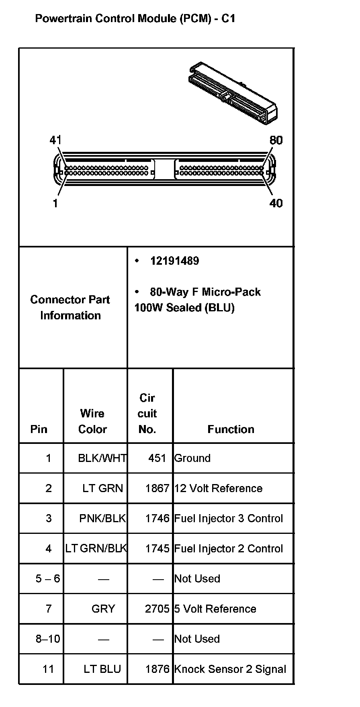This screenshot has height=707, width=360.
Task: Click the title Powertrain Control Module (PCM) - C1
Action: click(135, 18)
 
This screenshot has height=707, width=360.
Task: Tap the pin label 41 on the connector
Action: click(55, 140)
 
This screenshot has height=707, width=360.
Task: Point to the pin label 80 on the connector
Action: click(276, 140)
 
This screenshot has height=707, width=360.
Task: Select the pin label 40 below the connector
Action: click(276, 203)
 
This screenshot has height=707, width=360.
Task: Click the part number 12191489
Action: click(174, 261)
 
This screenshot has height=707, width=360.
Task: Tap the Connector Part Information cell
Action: click(70, 307)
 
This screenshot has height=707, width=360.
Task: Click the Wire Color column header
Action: click(92, 421)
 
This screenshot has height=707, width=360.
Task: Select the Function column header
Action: click(231, 429)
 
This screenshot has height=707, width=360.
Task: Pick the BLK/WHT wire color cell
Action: click(102, 458)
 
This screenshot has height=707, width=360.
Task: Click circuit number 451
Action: click(157, 458)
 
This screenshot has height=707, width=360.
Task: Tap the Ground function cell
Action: click(192, 458)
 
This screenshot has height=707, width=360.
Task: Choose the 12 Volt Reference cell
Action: click(218, 488)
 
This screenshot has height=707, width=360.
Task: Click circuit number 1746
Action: click(157, 519)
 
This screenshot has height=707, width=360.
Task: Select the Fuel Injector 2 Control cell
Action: click(228, 549)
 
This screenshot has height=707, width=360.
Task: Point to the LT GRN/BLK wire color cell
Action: click(96, 549)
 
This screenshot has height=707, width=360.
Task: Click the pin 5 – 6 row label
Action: click(48, 579)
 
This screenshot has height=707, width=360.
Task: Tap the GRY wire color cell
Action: click(103, 609)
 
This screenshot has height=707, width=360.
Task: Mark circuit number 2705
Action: click(157, 609)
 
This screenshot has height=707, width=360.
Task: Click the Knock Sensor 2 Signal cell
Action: click(230, 669)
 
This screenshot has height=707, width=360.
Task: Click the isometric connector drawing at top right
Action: click(233, 93)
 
